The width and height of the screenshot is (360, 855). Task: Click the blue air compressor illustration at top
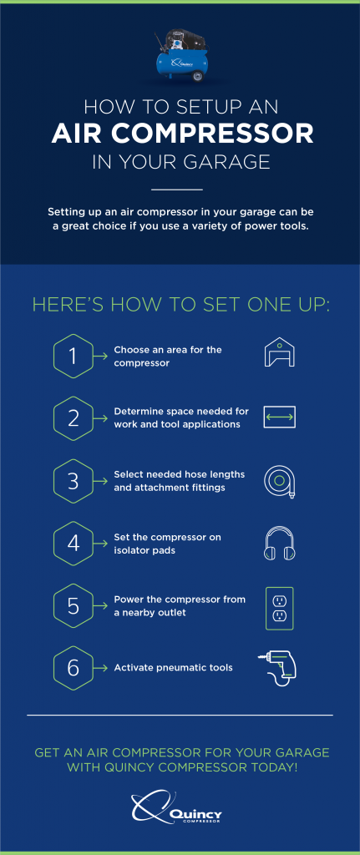(180, 58)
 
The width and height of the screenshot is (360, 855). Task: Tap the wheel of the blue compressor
(198, 75)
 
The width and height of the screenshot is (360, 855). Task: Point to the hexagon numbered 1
(74, 356)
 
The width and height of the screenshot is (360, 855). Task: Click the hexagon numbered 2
(74, 418)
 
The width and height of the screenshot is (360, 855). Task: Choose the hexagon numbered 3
(74, 481)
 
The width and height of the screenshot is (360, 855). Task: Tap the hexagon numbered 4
(74, 543)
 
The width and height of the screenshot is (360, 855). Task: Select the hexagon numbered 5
(74, 606)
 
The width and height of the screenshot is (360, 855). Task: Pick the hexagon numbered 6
(74, 668)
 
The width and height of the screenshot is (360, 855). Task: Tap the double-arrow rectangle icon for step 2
(279, 418)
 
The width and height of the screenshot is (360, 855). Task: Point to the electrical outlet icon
(279, 608)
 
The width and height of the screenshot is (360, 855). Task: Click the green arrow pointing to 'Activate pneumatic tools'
(101, 668)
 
